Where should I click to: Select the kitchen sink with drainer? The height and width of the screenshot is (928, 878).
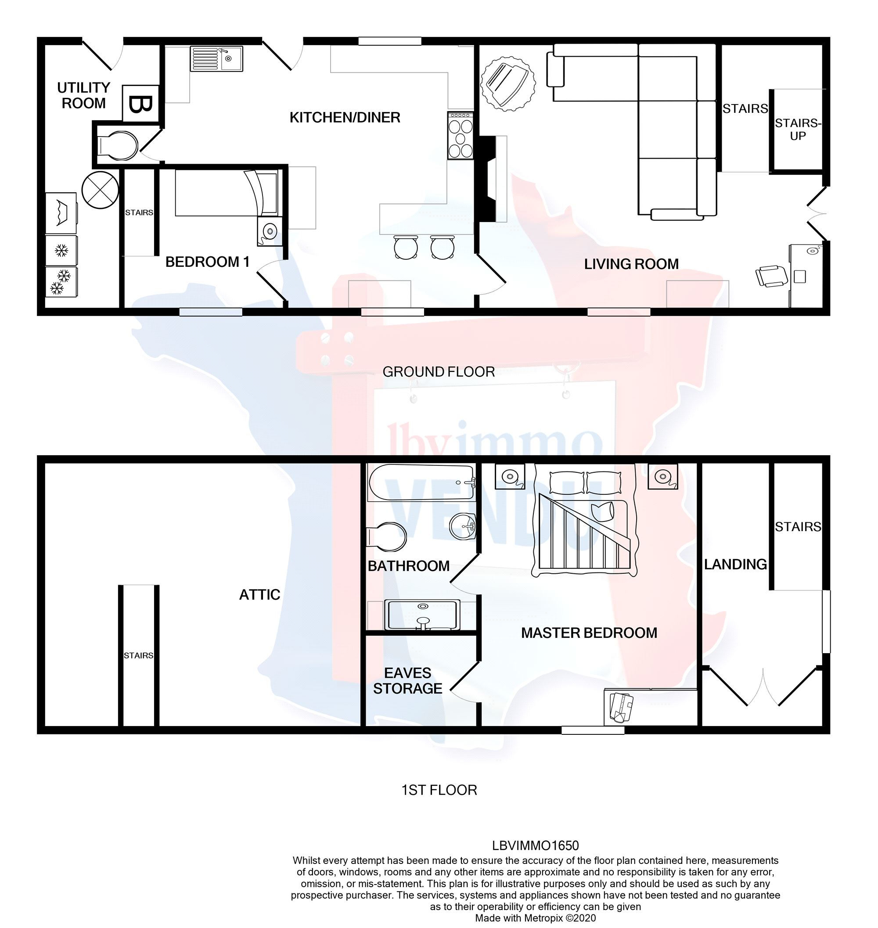[x=216, y=58]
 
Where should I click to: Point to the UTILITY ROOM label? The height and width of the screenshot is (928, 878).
[x=83, y=95]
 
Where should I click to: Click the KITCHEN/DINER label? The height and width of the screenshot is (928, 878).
[x=345, y=118]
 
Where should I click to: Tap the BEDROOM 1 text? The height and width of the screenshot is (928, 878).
[x=207, y=262]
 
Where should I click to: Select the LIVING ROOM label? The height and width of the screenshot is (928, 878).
[x=631, y=264]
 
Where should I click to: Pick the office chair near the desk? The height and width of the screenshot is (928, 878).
[x=771, y=276]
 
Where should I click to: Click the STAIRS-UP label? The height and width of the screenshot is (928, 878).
[x=798, y=129]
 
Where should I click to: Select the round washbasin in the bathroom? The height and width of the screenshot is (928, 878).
[x=462, y=526]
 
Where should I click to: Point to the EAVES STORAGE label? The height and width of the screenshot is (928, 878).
[x=407, y=680]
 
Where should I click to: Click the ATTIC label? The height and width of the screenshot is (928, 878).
[x=259, y=594]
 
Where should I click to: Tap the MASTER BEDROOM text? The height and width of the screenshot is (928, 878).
[x=589, y=633]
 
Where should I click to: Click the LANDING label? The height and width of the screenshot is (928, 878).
[x=735, y=565]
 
